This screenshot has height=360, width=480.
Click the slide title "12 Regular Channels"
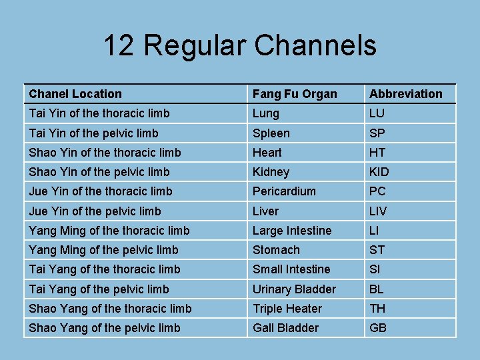coord(239,45)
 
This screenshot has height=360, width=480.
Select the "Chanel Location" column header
coord(75,94)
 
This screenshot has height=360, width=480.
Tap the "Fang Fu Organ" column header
coord(294,94)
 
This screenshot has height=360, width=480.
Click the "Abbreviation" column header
coord(405,94)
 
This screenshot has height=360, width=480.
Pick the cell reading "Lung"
coord(265,113)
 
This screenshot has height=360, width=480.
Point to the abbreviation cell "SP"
coord(377,133)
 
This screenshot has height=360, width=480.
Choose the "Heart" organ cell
coord(267,153)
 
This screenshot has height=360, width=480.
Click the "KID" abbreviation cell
coord(379,172)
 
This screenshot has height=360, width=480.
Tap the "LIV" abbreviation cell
coord(379,211)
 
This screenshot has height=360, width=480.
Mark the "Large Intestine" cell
coord(291,231)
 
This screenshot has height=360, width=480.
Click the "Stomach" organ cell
coord(275,250)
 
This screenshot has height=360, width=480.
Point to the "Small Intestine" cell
coord(291,269)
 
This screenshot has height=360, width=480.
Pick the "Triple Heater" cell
coord(287,309)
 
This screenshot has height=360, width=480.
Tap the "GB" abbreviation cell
coord(378,328)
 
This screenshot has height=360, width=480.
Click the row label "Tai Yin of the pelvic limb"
coord(93,133)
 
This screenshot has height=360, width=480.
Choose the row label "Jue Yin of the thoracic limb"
coord(100,191)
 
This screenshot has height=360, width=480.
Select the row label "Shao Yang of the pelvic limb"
coord(104,328)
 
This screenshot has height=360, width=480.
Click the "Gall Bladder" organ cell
coord(285,328)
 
